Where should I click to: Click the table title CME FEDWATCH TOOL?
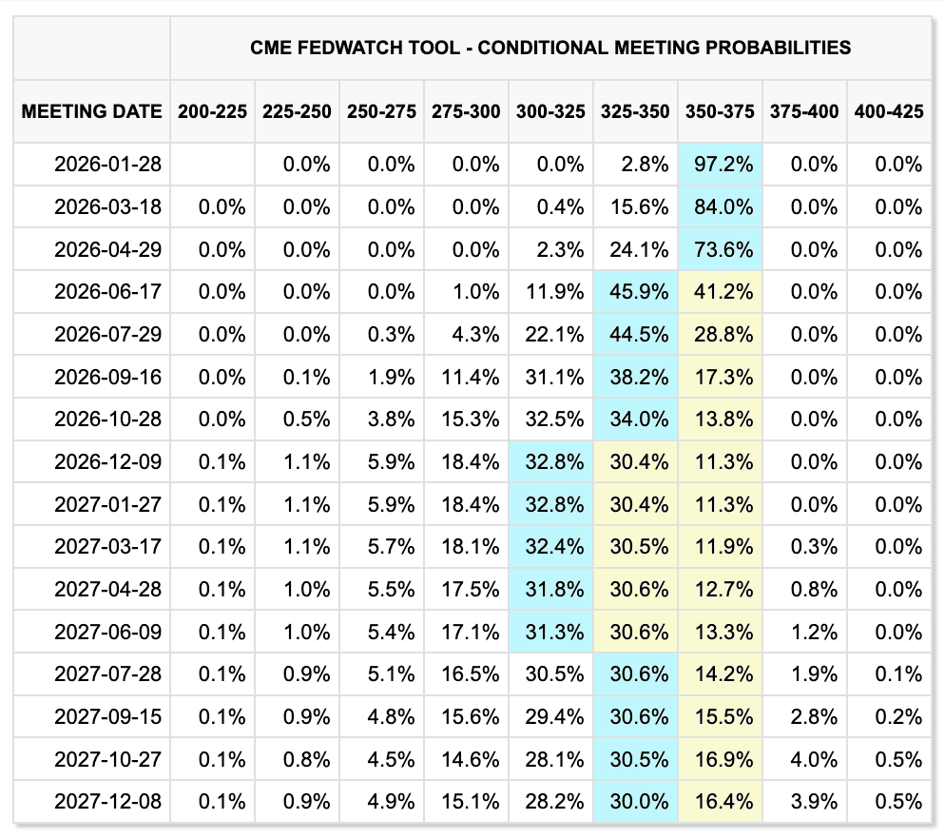[x=550, y=47]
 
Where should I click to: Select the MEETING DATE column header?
[x=91, y=111]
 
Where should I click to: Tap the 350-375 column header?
[x=720, y=111]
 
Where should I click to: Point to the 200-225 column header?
[x=212, y=111]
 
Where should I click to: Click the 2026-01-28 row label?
[x=108, y=165]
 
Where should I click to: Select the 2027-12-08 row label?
[x=108, y=801]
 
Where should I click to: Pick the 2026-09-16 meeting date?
[x=108, y=377]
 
